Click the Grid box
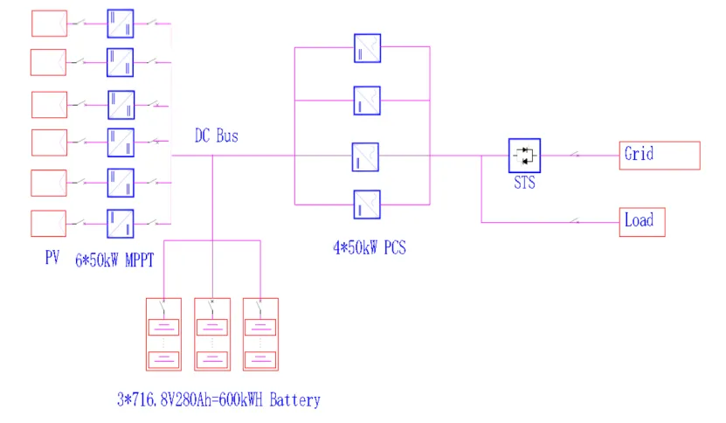click(660, 156)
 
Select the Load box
click(642, 222)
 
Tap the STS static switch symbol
click(524, 156)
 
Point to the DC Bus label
click(216, 135)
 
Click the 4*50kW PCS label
click(370, 247)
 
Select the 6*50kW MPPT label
click(114, 260)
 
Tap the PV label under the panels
click(52, 257)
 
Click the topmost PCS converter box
click(367, 48)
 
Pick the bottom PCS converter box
click(367, 205)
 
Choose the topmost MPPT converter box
click(121, 24)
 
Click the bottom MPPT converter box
click(121, 224)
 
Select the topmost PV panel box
click(49, 24)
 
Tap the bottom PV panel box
click(49, 224)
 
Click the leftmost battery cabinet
click(163, 334)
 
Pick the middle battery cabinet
click(212, 334)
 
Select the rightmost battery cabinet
click(260, 334)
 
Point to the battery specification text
click(218, 399)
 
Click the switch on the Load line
click(575, 221)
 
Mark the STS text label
click(524, 183)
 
